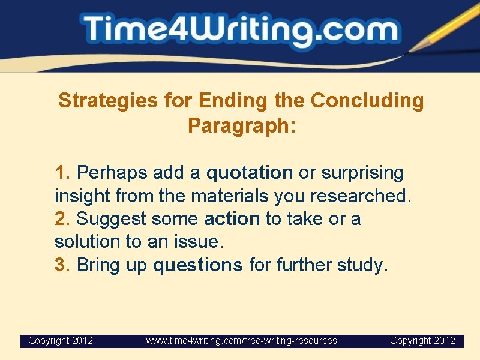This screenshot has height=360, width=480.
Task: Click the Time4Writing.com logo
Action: [240, 30]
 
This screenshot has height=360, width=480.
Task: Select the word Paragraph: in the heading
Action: [242, 125]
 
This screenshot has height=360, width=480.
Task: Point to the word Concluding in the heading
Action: [367, 101]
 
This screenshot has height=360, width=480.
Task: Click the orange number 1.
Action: [62, 173]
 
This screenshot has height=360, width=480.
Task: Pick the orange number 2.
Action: [62, 219]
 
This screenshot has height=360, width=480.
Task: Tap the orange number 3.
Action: [62, 265]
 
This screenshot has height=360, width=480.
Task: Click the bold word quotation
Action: [249, 173]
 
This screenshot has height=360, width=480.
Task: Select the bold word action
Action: [232, 219]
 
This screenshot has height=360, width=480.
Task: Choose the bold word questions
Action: [198, 265]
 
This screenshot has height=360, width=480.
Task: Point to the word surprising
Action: [362, 173]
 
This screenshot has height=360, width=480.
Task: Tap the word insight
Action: [82, 196]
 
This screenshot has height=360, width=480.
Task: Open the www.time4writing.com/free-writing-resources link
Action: [242, 341]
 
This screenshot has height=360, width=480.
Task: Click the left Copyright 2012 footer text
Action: [61, 341]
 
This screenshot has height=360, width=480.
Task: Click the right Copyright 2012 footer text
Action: [422, 341]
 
